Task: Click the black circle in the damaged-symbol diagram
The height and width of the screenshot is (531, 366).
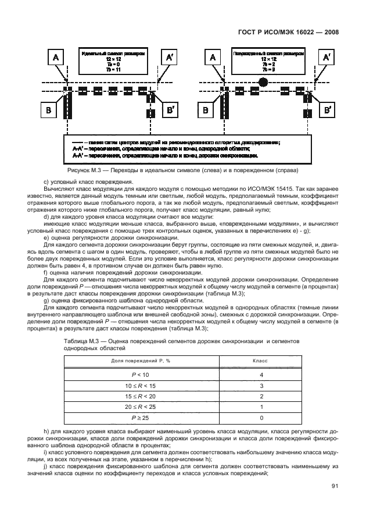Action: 263,81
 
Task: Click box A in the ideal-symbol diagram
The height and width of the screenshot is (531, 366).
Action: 56,57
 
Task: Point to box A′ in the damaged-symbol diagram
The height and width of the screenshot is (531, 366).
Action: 327,57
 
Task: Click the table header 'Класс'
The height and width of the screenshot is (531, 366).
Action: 259,361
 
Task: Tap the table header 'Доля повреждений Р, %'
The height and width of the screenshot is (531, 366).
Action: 141,361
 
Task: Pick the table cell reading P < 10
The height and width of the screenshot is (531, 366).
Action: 141,375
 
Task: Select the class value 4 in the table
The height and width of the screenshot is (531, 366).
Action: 262,375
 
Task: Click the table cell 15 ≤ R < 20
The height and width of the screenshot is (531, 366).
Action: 141,395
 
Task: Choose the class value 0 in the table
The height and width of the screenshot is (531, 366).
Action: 262,417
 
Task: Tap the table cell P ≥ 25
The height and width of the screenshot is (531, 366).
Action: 141,417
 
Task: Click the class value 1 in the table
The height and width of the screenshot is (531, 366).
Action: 262,407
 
